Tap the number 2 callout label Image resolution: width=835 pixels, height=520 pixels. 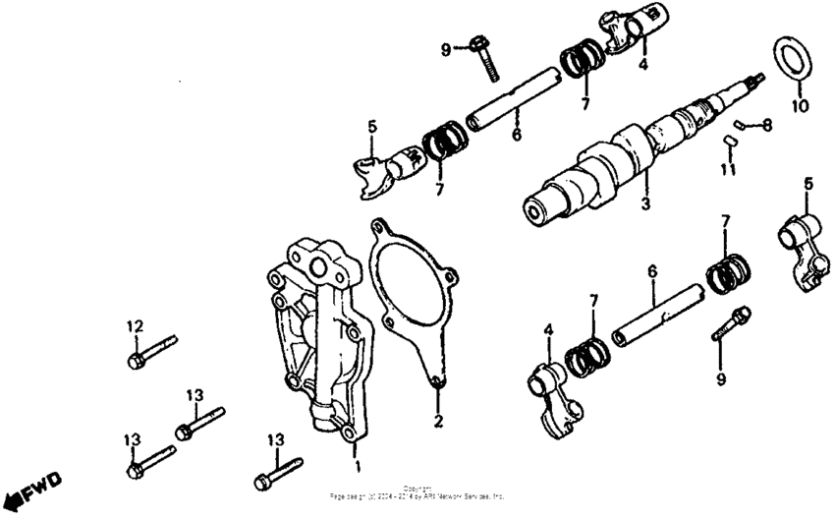(x=439, y=422)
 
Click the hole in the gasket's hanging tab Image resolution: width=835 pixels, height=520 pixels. (x=437, y=383)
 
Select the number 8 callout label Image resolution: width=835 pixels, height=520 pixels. (x=767, y=125)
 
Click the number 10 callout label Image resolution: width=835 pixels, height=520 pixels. (x=798, y=105)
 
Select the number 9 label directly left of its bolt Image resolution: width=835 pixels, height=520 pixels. (x=445, y=49)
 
